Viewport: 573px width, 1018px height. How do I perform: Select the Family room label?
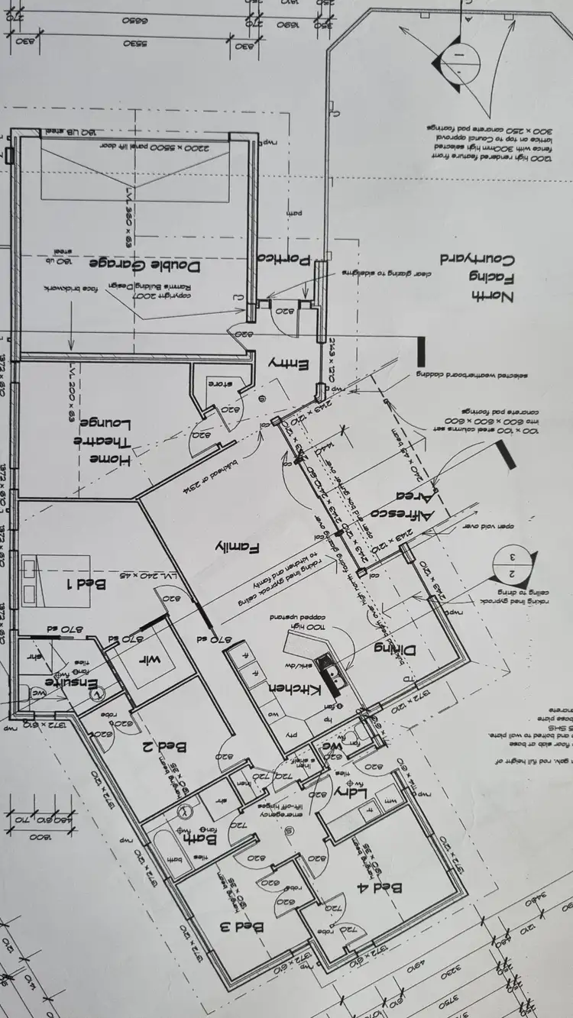tap(238, 547)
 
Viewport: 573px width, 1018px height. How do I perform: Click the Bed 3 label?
tap(242, 927)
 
